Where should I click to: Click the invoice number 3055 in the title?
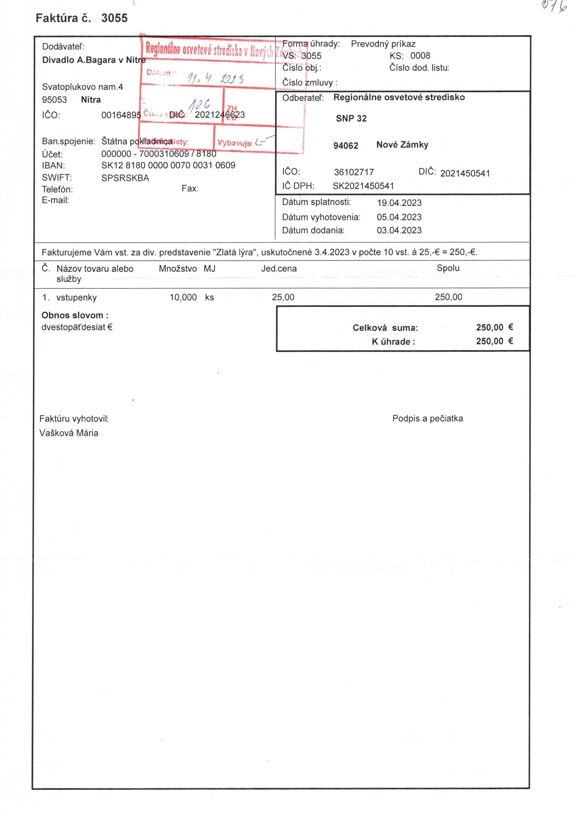pos(114,18)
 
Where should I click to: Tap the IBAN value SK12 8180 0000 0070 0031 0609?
pos(168,165)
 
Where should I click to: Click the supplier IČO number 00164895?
pos(121,115)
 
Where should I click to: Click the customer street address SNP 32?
pos(351,119)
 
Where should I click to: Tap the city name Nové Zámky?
pos(402,145)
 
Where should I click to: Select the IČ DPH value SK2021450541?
pos(363,186)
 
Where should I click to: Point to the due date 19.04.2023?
pos(399,203)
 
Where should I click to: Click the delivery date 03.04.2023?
pos(399,230)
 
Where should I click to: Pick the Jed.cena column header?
pos(279,269)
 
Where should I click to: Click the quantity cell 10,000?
pos(183,297)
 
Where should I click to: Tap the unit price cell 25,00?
pos(283,297)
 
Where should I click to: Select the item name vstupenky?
pos(76,298)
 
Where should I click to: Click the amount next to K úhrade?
pos(494,341)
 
